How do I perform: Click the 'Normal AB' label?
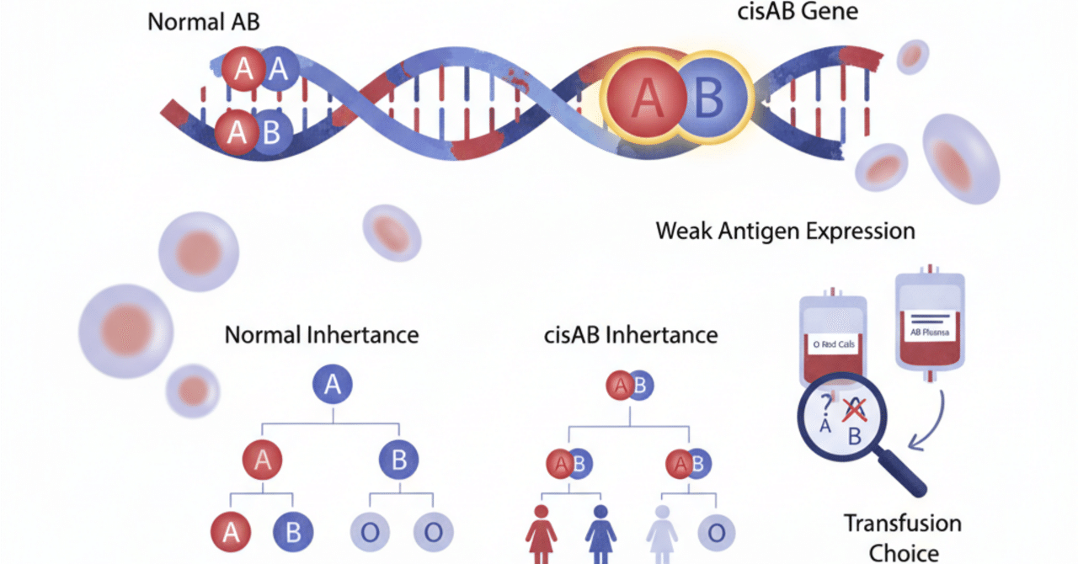[x=204, y=22]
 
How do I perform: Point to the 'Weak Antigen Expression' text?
[x=785, y=230]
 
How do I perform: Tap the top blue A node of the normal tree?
[x=333, y=385]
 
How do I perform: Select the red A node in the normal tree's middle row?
[x=262, y=460]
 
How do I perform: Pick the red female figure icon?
[x=540, y=532]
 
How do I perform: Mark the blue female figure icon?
[x=601, y=532]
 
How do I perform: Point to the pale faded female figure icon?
[x=662, y=532]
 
